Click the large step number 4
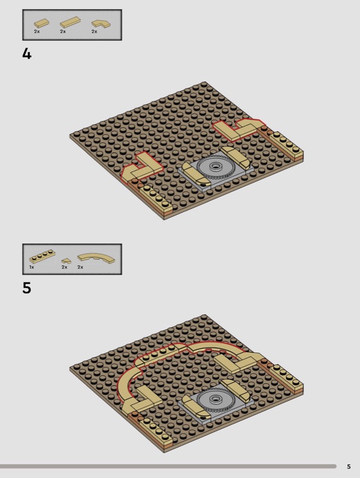pos(27,54)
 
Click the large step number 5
pos(27,288)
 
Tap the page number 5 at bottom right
pos(349,467)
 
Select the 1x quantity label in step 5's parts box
pos(32,267)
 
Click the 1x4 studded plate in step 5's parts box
pos(42,256)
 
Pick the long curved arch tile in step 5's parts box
pos(96,258)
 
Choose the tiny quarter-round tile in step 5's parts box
pos(66,261)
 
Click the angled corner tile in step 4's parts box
pos(101,24)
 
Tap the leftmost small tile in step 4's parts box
pos(41,24)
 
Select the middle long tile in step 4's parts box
pos(69,22)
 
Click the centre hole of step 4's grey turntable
pos(216,166)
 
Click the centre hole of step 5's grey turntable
pos(216,399)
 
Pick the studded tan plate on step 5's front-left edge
pos(156,430)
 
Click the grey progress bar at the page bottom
pos(168,467)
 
